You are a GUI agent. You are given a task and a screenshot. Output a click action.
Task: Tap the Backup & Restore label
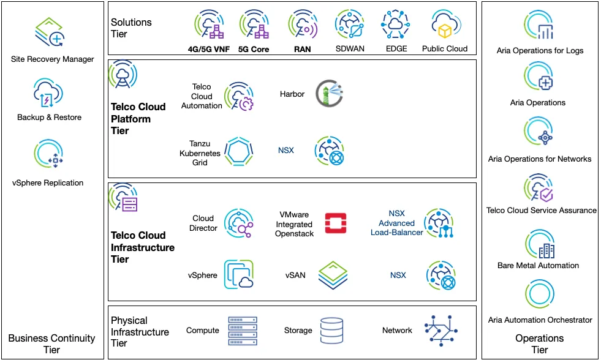[x=49, y=117]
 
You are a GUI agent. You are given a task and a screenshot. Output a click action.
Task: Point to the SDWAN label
[x=350, y=49]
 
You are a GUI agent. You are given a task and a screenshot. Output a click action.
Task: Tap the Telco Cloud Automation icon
[x=239, y=97]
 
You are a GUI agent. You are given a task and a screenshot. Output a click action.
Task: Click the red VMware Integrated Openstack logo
[x=336, y=224]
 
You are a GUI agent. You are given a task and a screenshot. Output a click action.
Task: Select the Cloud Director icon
[x=239, y=223]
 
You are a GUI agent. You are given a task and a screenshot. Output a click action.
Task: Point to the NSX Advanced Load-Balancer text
[x=396, y=223]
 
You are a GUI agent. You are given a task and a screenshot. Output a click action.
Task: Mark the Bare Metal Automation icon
[x=539, y=244]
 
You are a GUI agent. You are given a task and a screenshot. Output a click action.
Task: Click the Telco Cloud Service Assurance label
[x=541, y=210]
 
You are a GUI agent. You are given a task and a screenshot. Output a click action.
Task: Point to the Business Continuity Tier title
[x=52, y=343]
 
